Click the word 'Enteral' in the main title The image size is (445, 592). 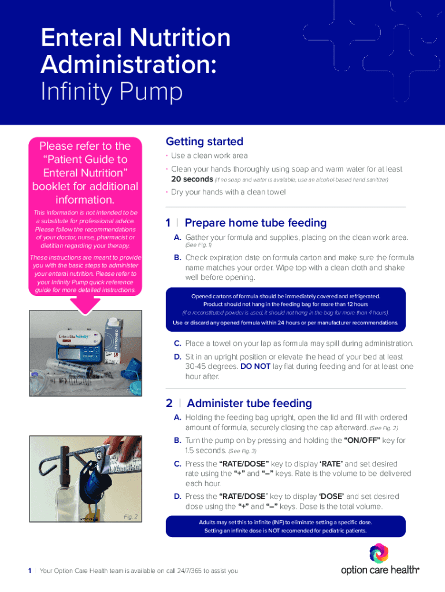[79, 38]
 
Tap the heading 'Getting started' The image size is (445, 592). [204, 142]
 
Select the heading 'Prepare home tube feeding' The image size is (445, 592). [255, 223]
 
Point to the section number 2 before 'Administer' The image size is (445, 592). [169, 403]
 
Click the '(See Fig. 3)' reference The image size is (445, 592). [242, 451]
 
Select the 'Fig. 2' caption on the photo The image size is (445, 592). [131, 516]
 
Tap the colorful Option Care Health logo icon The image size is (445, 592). [379, 553]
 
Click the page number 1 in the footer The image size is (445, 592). [29, 571]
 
